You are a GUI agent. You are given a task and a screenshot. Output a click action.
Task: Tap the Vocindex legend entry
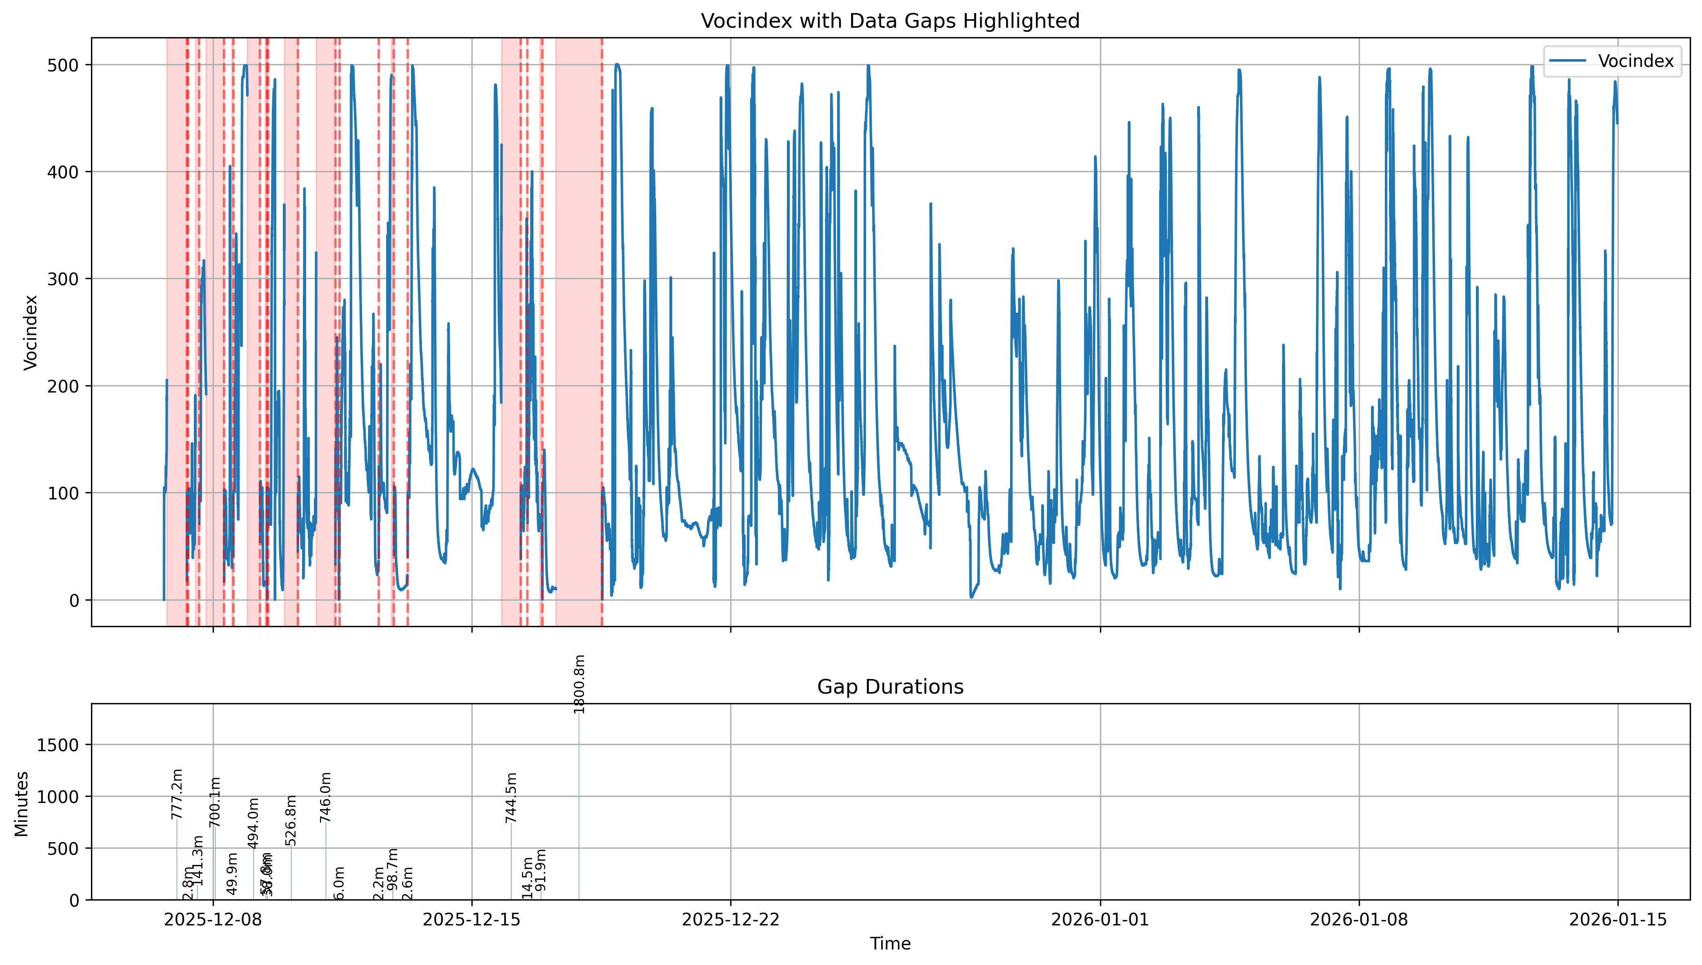(1635, 61)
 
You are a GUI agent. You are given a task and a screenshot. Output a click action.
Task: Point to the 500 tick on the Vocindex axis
(63, 65)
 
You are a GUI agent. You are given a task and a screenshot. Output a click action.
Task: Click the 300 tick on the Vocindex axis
(63, 279)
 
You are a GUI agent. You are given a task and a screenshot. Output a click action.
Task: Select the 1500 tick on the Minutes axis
(58, 745)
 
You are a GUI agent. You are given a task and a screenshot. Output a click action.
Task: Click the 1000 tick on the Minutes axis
(58, 796)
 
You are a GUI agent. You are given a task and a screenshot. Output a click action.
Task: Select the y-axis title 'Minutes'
(22, 803)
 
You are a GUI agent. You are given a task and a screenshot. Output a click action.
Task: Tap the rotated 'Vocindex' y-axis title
(31, 332)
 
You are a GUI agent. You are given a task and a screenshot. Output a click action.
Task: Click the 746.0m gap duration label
(325, 797)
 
